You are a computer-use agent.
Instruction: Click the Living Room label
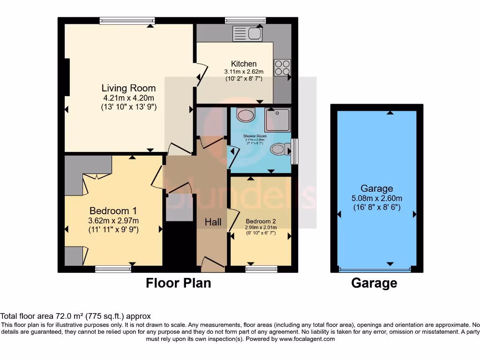point(128,88)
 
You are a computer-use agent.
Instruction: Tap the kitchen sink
point(248,34)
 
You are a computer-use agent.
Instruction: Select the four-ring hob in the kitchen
point(282,67)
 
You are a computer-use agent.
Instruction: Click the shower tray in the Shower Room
point(277,120)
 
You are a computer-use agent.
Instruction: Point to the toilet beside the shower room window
point(280,150)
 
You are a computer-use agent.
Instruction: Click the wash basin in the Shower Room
point(246,115)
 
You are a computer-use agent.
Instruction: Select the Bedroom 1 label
point(113,210)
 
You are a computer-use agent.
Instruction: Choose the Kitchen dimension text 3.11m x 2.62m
point(244,72)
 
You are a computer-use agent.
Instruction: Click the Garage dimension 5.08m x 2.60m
point(377,198)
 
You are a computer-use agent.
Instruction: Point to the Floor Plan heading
point(178,283)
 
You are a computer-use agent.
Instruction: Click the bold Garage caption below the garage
point(374,283)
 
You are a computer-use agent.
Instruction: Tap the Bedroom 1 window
point(113,269)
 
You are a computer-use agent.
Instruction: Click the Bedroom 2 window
point(261,269)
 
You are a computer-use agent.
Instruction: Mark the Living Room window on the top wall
point(127,20)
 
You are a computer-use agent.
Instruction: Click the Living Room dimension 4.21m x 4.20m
point(128,98)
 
